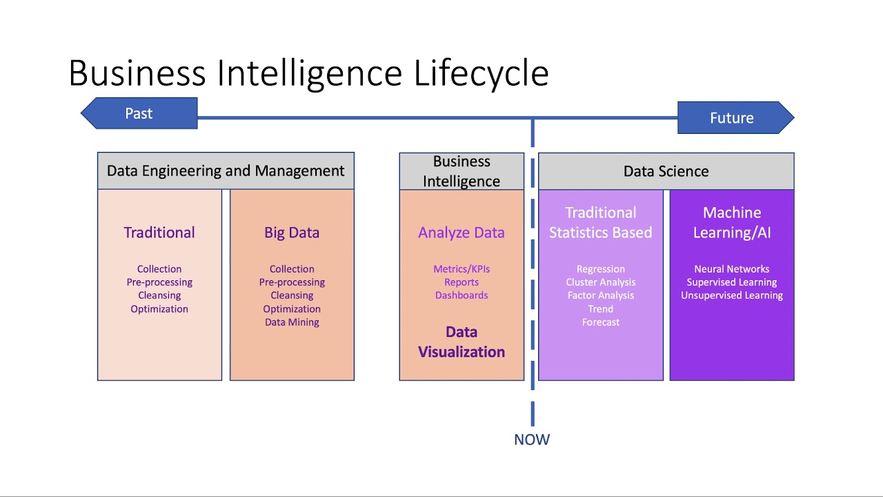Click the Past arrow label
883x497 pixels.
click(x=139, y=114)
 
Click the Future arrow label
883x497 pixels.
click(x=731, y=118)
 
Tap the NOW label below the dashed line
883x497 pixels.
click(x=532, y=440)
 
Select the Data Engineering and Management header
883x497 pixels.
click(x=226, y=171)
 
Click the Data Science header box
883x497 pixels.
click(x=666, y=171)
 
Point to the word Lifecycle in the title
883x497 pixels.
click(x=481, y=73)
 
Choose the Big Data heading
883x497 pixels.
click(x=292, y=233)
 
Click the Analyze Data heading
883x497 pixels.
click(x=462, y=233)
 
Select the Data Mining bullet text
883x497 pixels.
click(x=292, y=322)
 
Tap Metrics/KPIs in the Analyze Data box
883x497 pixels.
click(x=462, y=269)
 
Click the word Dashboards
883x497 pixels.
click(x=462, y=295)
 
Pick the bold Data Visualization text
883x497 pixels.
click(x=462, y=342)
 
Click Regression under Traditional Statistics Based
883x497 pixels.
click(x=601, y=269)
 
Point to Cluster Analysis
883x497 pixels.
click(x=601, y=282)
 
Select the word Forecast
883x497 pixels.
click(x=601, y=322)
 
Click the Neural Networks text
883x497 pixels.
click(x=732, y=269)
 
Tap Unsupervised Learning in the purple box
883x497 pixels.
click(x=732, y=295)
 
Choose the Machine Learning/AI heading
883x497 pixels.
click(x=732, y=222)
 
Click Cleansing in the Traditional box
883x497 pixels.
click(x=159, y=295)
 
